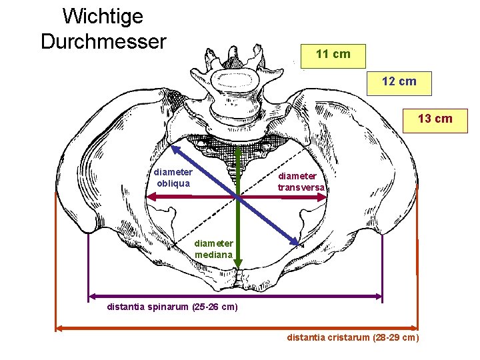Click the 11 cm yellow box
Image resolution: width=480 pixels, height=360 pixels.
(x=333, y=54)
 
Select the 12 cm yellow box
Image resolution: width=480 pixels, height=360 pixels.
(x=399, y=81)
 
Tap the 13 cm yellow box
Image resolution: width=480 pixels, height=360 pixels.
(x=434, y=119)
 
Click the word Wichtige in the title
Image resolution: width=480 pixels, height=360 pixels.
(x=102, y=15)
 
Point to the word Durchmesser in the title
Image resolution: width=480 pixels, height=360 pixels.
(x=103, y=41)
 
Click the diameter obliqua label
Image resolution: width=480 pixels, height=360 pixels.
(x=173, y=177)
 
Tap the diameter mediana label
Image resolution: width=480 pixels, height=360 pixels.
(x=214, y=249)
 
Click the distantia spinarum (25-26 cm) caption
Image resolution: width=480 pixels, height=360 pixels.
(x=172, y=307)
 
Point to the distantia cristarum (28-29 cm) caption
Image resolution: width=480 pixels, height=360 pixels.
(x=353, y=337)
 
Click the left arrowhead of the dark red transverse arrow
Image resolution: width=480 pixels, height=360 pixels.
(x=150, y=197)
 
